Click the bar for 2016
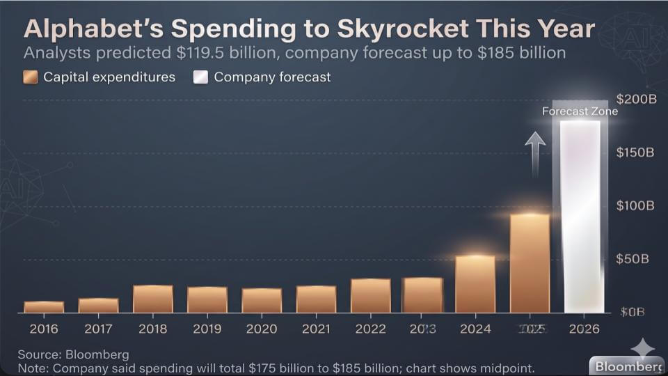tap(44, 307)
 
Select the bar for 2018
tap(152, 299)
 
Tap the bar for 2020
tap(262, 300)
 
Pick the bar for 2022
tap(370, 295)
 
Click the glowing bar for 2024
tap(475, 284)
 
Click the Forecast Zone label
tap(580, 111)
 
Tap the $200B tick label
tap(636, 100)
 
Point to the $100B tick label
tap(636, 206)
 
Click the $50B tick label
tap(633, 259)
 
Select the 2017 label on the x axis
tap(98, 329)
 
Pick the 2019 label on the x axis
tap(207, 329)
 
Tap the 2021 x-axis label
tap(316, 329)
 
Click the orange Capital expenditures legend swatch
tap(31, 77)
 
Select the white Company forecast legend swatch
tap(200, 77)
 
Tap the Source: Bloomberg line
tap(73, 355)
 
